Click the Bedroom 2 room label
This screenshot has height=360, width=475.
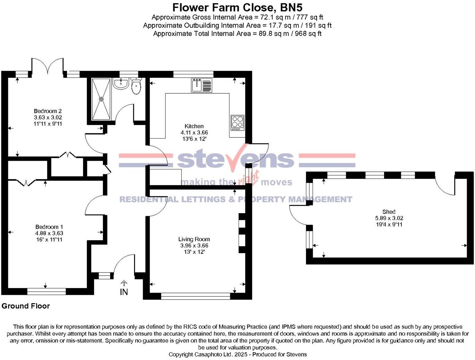tap(48, 111)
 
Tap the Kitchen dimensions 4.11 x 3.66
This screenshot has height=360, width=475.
tap(194, 133)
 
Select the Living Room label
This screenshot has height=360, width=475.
tap(194, 239)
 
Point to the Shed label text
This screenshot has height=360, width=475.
tap(389, 212)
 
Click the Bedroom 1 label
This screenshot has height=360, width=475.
tap(49, 227)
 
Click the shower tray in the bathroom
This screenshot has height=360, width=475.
tap(101, 99)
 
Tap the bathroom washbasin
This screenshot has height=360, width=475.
tap(121, 84)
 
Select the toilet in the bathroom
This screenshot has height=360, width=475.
tap(136, 86)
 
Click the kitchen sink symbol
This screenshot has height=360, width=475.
tap(201, 85)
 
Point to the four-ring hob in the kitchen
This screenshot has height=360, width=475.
tap(237, 123)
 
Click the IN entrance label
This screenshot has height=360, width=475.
tap(124, 292)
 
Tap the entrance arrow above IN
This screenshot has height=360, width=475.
tap(124, 283)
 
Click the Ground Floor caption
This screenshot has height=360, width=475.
tap(26, 306)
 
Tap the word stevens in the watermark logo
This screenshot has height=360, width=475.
tap(236, 159)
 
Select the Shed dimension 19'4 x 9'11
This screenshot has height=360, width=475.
tap(389, 225)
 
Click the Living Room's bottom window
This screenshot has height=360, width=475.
tap(195, 296)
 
